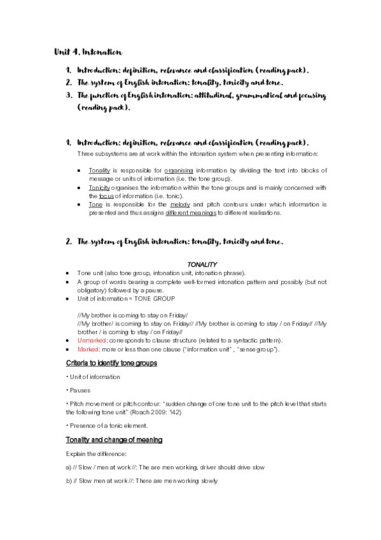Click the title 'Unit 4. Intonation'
click(x=88, y=52)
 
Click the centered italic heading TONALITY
click(x=202, y=264)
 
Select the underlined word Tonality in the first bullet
click(x=99, y=171)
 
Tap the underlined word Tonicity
click(x=99, y=188)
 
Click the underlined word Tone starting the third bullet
click(x=95, y=205)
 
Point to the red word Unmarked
click(x=92, y=341)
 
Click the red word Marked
click(x=88, y=350)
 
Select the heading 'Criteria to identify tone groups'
click(x=111, y=363)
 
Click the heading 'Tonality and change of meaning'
click(x=114, y=439)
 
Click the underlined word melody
click(x=181, y=205)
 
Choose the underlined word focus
click(x=107, y=196)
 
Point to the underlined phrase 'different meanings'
click(x=190, y=213)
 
